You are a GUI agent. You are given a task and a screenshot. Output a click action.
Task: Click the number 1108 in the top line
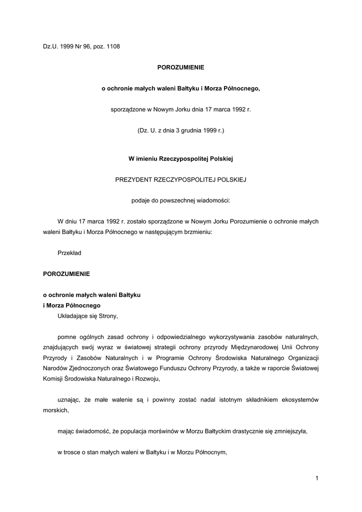(x=113, y=47)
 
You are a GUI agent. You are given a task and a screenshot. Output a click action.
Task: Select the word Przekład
(x=69, y=253)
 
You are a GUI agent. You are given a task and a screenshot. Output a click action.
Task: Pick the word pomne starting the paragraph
(x=66, y=336)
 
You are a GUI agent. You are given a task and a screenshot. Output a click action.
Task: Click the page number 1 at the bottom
(x=317, y=478)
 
